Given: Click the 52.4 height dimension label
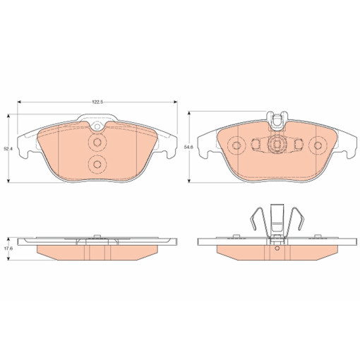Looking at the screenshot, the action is tap(8, 149).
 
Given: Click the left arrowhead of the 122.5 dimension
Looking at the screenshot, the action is tap(20, 102).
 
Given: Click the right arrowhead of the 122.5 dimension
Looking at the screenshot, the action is tap(175, 102).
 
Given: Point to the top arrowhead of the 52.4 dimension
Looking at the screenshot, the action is tap(8, 116).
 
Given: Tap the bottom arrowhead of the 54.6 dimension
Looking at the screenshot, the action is tap(189, 181).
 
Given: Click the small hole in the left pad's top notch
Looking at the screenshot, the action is tap(97, 126).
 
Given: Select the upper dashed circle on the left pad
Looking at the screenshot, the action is tap(97, 142).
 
